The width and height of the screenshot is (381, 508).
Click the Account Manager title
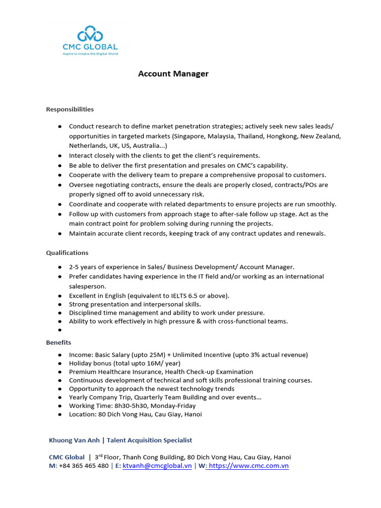tap(173, 74)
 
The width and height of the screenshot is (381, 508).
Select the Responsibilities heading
tap(70, 109)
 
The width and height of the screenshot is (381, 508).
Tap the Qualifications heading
tap(67, 253)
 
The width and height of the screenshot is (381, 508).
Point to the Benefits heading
tap(59, 342)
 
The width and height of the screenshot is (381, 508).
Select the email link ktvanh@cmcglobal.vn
tap(157, 466)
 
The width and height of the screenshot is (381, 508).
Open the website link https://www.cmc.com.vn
tap(249, 466)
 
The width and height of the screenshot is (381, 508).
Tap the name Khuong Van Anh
tap(75, 440)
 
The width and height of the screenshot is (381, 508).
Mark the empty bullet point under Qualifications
tap(60, 330)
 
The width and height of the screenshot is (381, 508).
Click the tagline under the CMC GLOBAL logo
tap(90, 54)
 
